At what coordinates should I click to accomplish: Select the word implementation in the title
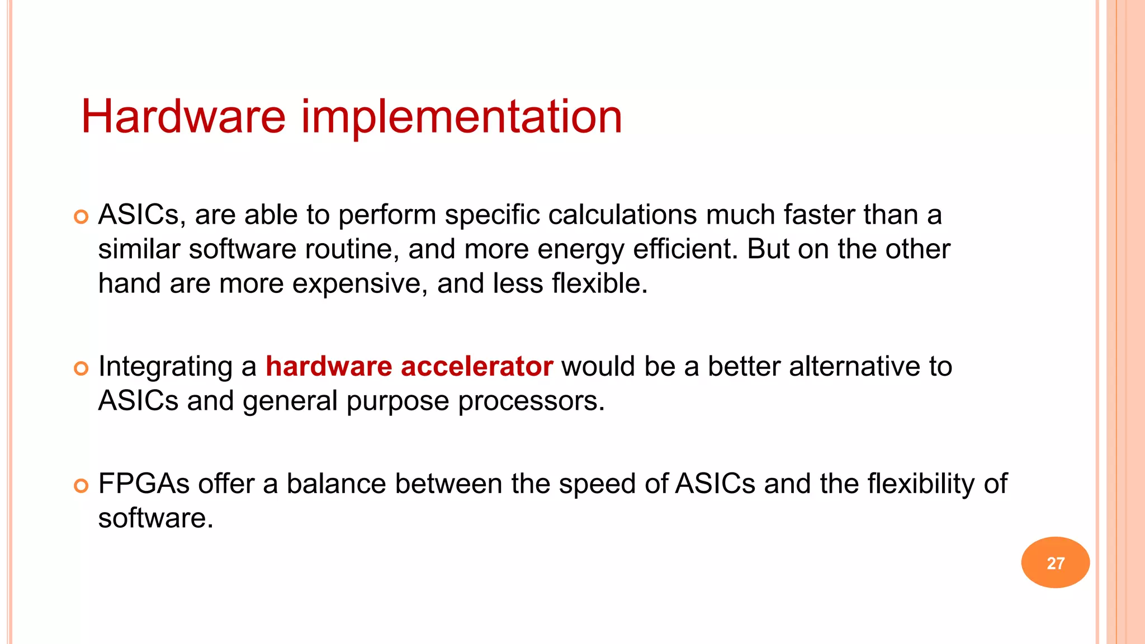click(x=462, y=117)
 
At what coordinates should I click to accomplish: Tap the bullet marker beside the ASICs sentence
click(x=82, y=217)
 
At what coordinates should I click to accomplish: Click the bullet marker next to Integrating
click(x=82, y=368)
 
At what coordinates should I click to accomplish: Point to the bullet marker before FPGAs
click(x=82, y=486)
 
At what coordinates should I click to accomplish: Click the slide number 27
click(x=1055, y=563)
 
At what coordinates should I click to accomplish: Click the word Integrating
click(x=165, y=367)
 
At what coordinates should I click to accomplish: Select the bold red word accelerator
click(x=477, y=367)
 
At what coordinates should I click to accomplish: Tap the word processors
click(x=531, y=401)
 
